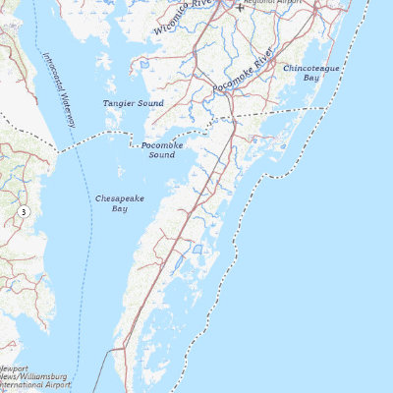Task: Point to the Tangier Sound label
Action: click(x=128, y=102)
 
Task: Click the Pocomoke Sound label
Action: click(x=158, y=149)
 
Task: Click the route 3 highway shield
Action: click(x=23, y=211)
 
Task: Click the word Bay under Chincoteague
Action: click(x=311, y=77)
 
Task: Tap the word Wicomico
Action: click(x=173, y=25)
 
